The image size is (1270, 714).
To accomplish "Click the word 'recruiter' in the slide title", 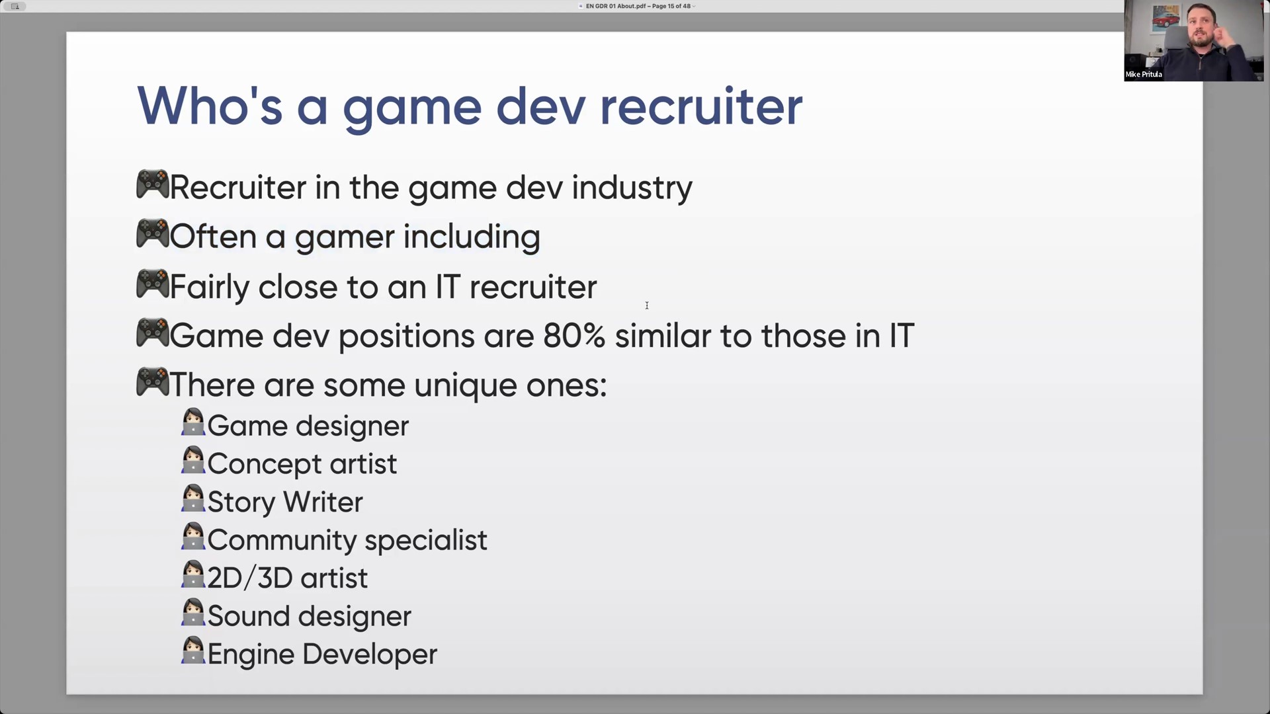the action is tap(700, 106).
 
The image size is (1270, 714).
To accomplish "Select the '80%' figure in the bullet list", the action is tap(574, 336).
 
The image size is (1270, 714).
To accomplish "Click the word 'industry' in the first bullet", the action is tap(632, 187).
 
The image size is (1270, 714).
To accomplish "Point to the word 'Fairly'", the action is tap(209, 288).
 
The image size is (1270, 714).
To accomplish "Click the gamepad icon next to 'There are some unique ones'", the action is tap(152, 382).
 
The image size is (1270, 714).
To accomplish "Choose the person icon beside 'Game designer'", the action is tap(193, 422).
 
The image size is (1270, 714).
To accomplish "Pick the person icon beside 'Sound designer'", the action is tap(193, 612).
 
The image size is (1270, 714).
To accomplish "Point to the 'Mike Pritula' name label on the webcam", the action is tap(1144, 75).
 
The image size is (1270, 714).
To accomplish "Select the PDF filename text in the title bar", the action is tap(616, 6).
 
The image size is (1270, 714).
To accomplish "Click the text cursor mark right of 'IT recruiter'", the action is tap(647, 305).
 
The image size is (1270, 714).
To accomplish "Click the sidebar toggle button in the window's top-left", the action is tap(15, 6).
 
